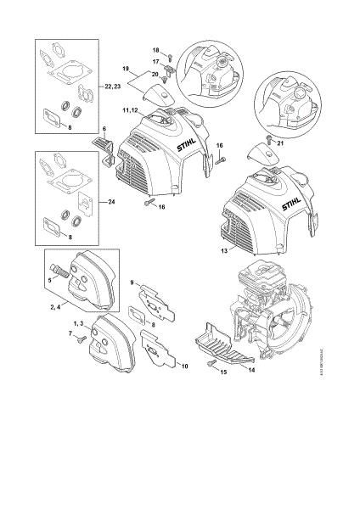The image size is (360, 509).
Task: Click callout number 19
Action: pos(125,68)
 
